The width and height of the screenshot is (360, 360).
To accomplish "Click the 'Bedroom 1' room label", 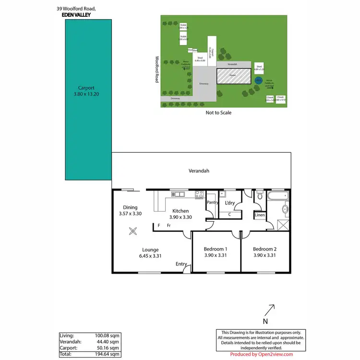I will pyautogui.click(x=216, y=249).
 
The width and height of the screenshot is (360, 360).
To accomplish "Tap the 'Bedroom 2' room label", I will pyautogui.click(x=264, y=249).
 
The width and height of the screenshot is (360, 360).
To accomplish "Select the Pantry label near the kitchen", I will pyautogui.click(x=212, y=203).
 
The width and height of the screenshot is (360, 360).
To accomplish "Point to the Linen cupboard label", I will pyautogui.click(x=259, y=216).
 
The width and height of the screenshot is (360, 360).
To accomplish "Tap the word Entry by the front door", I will pyautogui.click(x=181, y=264).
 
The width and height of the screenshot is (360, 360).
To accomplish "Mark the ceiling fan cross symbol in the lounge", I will pyautogui.click(x=133, y=231).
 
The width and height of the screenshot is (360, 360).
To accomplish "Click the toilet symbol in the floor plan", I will pyautogui.click(x=260, y=196).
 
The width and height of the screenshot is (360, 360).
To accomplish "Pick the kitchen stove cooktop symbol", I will pyautogui.click(x=199, y=194).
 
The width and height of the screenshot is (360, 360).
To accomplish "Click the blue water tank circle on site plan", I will pyautogui.click(x=258, y=81).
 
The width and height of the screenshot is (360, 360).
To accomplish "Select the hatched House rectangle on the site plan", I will pyautogui.click(x=233, y=76).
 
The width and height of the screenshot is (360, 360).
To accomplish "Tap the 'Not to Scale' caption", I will pyautogui.click(x=218, y=113).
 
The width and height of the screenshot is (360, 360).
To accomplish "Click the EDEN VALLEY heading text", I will pyautogui.click(x=80, y=15).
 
